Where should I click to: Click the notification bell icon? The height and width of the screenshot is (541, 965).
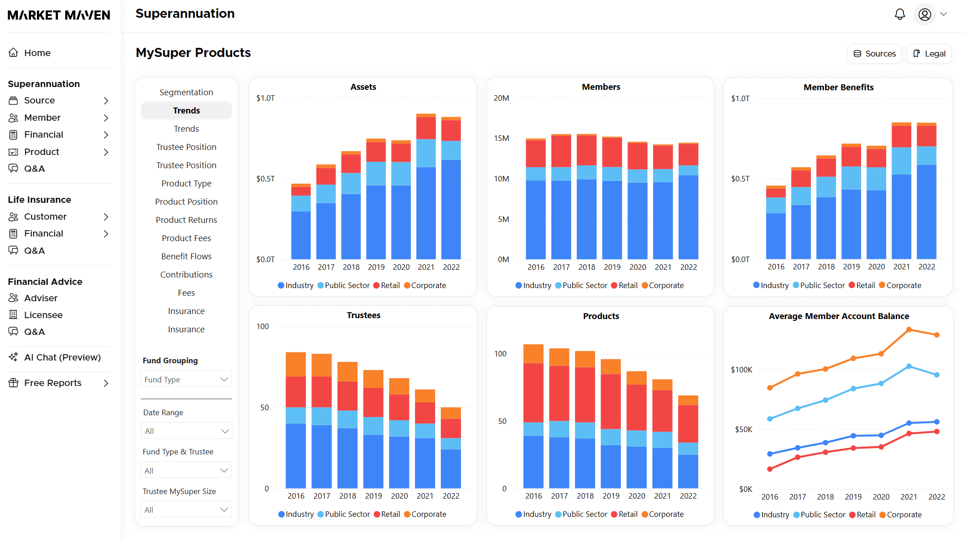899,15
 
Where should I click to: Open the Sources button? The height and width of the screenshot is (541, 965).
874,54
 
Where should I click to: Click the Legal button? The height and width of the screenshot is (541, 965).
929,54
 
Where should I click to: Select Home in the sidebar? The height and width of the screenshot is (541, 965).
37,53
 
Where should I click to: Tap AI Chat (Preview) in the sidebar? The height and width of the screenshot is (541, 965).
62,357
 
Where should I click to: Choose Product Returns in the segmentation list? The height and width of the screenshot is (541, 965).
186,220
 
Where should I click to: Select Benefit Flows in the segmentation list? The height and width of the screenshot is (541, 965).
186,256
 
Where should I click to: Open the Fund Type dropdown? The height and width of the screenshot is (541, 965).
186,379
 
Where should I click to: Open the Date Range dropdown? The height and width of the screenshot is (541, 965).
186,431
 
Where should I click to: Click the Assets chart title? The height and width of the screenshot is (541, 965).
363,87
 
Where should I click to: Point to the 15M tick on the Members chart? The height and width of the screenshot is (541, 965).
501,138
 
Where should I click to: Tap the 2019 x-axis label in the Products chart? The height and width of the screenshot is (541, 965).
611,496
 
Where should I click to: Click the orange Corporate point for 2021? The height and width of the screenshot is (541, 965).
909,330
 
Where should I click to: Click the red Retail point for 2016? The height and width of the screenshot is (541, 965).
770,469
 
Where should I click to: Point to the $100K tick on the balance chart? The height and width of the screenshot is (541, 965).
741,370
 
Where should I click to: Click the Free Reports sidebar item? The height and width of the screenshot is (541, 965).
53,383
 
